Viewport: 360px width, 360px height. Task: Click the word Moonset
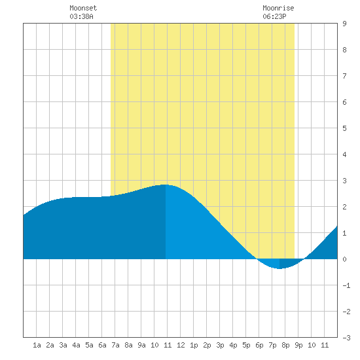coord(83,8)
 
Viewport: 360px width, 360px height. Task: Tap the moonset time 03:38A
coord(81,16)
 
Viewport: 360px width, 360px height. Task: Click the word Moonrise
coord(278,8)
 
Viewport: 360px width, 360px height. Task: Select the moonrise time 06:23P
coord(274,16)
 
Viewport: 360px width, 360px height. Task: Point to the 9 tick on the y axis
coord(344,24)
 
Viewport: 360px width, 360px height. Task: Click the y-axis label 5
coord(344,128)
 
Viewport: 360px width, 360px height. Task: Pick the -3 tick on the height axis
coord(346,338)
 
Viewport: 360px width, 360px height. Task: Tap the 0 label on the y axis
coord(344,259)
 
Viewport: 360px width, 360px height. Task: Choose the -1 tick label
coord(346,285)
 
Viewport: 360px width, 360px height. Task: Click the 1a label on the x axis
coord(37,345)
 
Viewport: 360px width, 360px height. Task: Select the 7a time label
coord(115,345)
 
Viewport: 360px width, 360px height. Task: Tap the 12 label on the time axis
coord(181,345)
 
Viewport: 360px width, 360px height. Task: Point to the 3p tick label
coord(220,345)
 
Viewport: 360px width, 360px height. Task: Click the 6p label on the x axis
coord(259,345)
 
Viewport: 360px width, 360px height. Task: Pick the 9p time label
coord(298,345)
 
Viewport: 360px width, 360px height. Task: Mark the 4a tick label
coord(76,345)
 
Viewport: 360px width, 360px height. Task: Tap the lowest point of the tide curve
coord(279,268)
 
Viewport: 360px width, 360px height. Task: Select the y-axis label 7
coord(344,76)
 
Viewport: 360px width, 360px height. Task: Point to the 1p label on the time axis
coord(194,345)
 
